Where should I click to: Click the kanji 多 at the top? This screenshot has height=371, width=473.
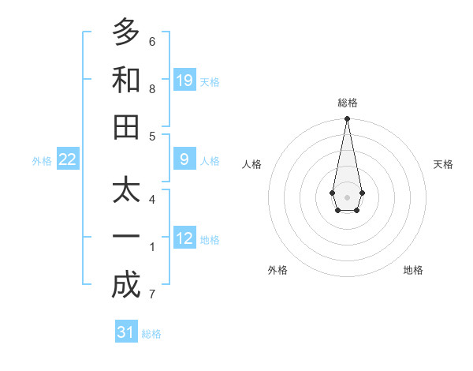(x=126, y=32)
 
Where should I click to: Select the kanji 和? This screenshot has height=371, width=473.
(x=126, y=80)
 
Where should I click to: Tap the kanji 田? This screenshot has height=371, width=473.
(x=126, y=127)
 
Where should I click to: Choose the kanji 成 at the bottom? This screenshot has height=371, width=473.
(x=126, y=285)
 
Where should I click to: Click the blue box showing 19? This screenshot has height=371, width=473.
(x=184, y=81)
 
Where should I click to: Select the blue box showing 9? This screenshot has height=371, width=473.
(x=184, y=159)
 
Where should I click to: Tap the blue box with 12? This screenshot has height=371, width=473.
(x=184, y=238)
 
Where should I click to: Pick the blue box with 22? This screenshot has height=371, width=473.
(x=68, y=159)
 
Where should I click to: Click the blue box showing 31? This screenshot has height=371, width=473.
(x=126, y=332)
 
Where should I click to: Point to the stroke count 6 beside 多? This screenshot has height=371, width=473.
(x=152, y=41)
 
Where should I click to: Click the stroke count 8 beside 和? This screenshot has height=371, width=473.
(x=152, y=88)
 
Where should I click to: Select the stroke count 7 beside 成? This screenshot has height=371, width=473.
(x=152, y=294)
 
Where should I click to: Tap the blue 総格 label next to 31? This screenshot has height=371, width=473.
(x=151, y=334)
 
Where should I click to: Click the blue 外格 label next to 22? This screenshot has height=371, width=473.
(x=42, y=161)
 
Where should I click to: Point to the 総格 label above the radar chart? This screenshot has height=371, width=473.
(x=347, y=103)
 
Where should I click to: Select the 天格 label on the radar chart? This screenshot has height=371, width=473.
(x=443, y=164)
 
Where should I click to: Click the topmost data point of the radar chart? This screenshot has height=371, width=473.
(x=347, y=119)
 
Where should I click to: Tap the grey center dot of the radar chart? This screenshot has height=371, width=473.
(x=347, y=197)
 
